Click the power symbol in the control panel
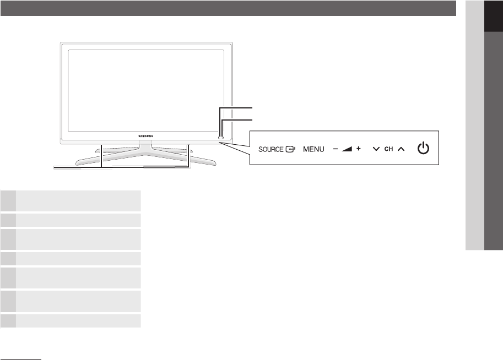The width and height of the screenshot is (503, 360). pyautogui.click(x=423, y=149)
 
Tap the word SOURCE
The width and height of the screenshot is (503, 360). pyautogui.click(x=270, y=149)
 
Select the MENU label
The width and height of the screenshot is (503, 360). pyautogui.click(x=313, y=149)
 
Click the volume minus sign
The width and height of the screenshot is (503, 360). pyautogui.click(x=335, y=149)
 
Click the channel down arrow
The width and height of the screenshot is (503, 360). pyautogui.click(x=376, y=149)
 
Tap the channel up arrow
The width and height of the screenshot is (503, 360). pyautogui.click(x=401, y=149)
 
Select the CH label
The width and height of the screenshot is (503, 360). pyautogui.click(x=388, y=149)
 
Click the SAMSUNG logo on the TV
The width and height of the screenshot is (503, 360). pyautogui.click(x=145, y=134)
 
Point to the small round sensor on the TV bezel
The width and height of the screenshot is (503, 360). pyautogui.click(x=220, y=133)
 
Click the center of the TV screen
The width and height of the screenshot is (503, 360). pyautogui.click(x=146, y=88)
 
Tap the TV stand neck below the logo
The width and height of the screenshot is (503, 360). pyautogui.click(x=145, y=145)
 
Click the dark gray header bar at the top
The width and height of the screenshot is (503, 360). pyautogui.click(x=228, y=8)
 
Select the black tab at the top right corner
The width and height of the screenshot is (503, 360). pyautogui.click(x=494, y=17)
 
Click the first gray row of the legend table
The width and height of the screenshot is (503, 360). pyautogui.click(x=71, y=200)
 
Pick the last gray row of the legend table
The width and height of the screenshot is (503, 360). pyautogui.click(x=71, y=321)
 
